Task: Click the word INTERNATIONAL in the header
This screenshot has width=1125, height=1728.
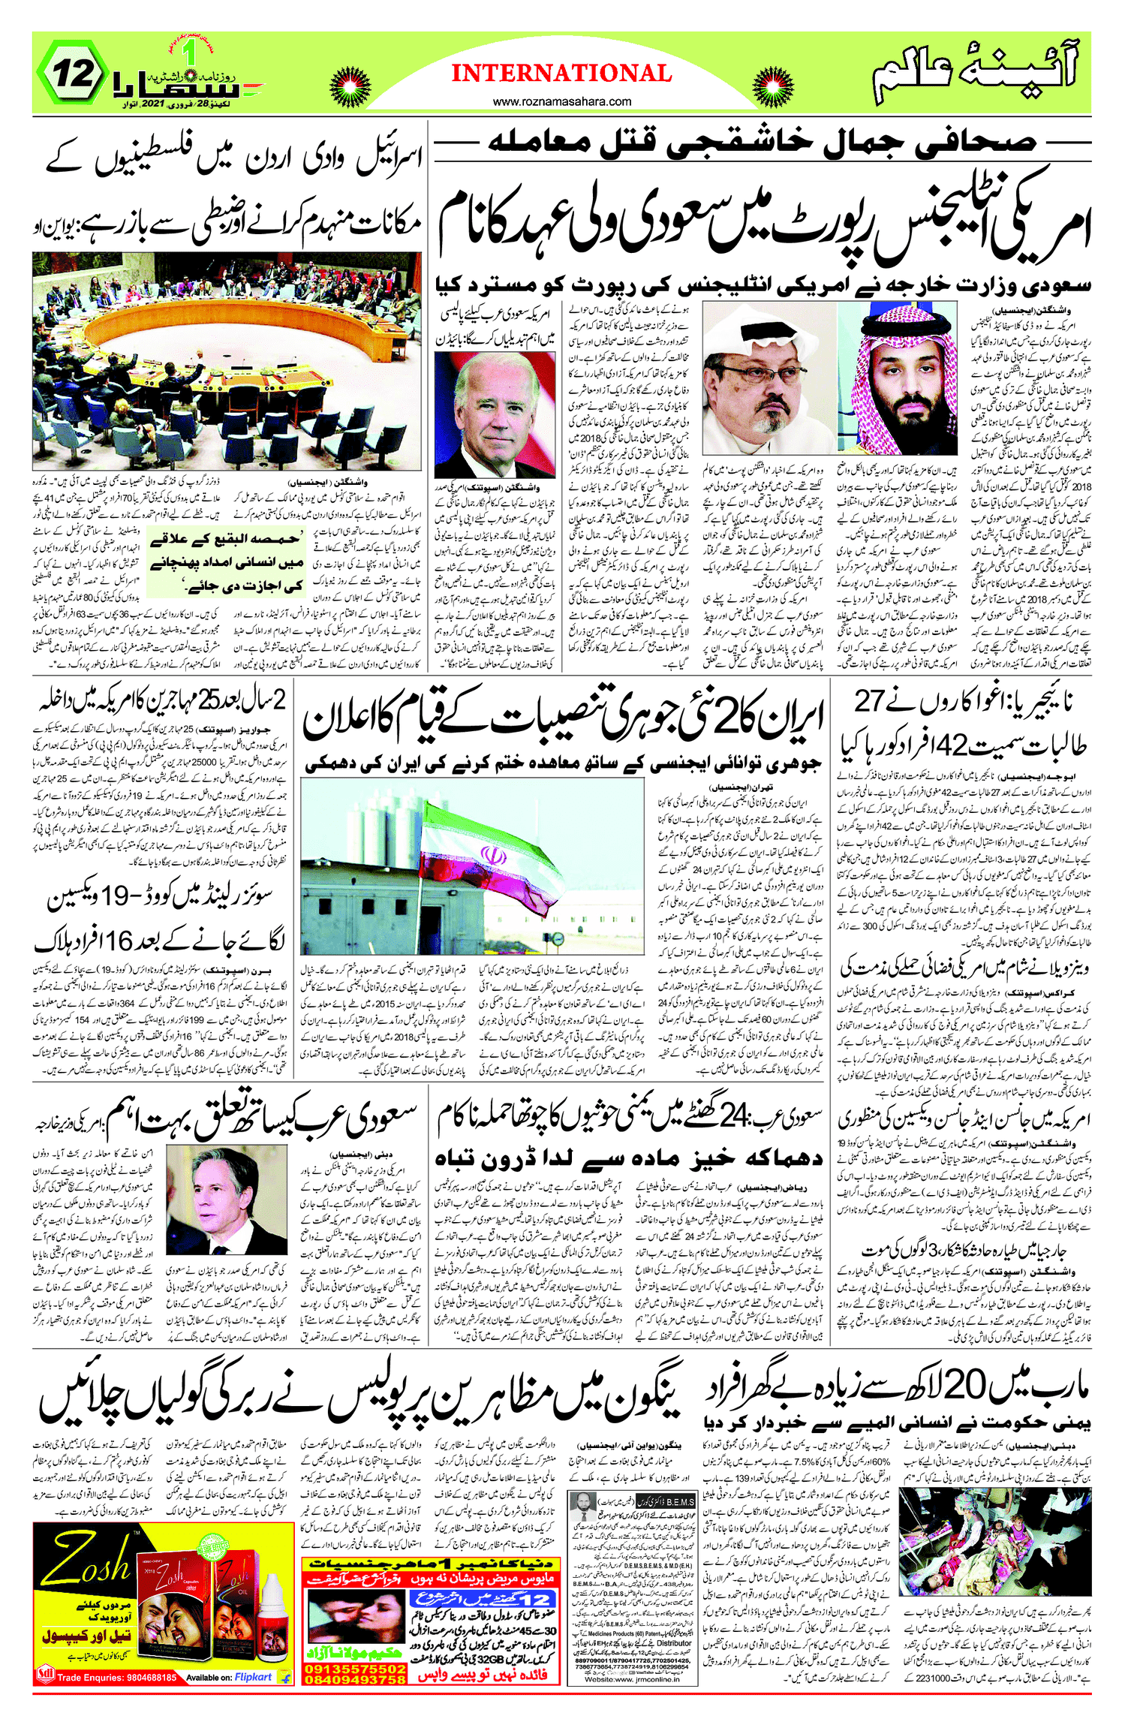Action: tap(561, 74)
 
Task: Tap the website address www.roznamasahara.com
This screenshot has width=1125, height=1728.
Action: tap(561, 101)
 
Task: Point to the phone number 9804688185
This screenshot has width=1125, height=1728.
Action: tap(139, 1678)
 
